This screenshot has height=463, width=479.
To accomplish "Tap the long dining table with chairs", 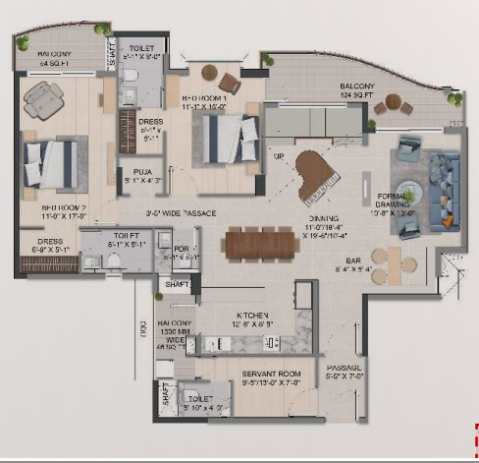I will [x=265, y=243].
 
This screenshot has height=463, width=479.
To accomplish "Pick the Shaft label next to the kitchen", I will [x=177, y=284].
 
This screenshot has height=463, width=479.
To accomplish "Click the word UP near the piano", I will [x=278, y=156].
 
